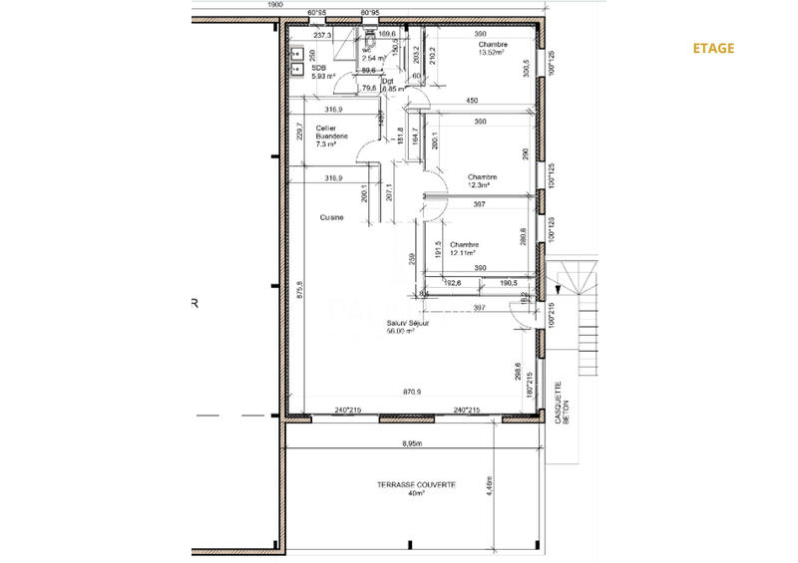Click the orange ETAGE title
713,48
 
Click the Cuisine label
332,217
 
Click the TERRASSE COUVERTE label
416,484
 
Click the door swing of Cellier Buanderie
367,159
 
